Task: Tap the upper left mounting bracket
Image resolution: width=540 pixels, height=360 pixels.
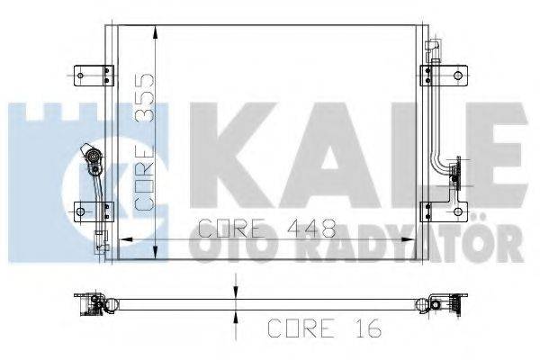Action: (x=93, y=74)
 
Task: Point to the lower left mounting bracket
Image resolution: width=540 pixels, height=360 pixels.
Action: (x=93, y=211)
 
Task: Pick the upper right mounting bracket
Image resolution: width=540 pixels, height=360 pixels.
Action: (x=445, y=74)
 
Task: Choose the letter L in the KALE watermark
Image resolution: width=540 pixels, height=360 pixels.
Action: (x=409, y=153)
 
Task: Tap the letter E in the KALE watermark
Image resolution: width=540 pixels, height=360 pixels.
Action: (x=490, y=153)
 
